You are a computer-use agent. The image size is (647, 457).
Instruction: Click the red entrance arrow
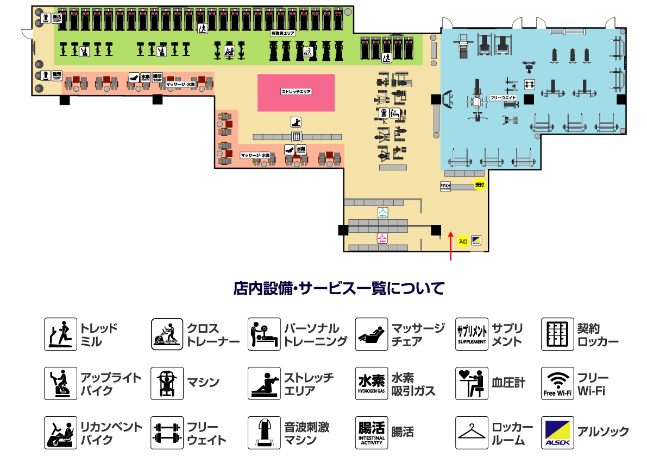click(x=450, y=246)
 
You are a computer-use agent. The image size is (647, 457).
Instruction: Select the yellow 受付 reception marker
click(x=479, y=185)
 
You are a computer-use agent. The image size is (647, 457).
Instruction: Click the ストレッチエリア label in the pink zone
click(x=296, y=92)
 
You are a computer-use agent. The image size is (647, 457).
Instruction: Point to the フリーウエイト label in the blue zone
click(x=503, y=98)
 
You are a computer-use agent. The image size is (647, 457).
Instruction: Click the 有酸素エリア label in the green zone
click(x=282, y=33)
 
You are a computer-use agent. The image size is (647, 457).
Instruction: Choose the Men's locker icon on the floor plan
click(x=383, y=212)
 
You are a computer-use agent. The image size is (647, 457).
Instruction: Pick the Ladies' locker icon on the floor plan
click(x=382, y=238)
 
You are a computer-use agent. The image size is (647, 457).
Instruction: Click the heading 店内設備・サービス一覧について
click(x=338, y=288)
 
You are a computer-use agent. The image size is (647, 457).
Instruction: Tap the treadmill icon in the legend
click(x=60, y=334)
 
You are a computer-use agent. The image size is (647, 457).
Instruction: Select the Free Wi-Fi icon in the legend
click(x=557, y=383)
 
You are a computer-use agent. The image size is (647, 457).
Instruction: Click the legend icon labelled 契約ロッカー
click(x=557, y=334)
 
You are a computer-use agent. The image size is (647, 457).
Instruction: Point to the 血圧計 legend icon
click(x=472, y=383)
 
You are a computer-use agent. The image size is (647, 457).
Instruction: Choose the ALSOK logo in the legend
click(x=557, y=433)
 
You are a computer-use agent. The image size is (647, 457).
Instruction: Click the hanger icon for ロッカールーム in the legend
click(x=472, y=433)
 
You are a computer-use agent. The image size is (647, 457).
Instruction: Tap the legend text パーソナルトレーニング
click(x=316, y=335)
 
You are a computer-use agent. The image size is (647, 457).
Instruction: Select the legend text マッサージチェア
click(x=418, y=335)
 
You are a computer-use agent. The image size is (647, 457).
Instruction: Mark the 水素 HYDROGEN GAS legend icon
click(x=372, y=383)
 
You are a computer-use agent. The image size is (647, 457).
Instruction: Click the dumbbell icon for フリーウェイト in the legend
click(x=167, y=433)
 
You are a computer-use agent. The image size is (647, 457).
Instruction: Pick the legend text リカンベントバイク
click(x=111, y=433)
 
